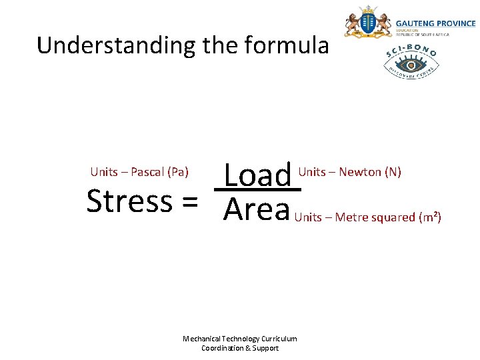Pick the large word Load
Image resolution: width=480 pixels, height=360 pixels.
tap(258, 175)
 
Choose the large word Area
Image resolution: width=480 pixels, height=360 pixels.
tap(257, 210)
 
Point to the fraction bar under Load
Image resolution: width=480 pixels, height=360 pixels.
tap(257, 190)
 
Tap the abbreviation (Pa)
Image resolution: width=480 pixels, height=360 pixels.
tap(178, 172)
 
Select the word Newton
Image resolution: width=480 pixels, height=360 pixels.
tap(360, 172)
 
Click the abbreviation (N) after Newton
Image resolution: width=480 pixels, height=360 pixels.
tap(392, 172)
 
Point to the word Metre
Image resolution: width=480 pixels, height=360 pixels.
tap(350, 217)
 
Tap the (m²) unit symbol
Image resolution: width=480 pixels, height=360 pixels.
tap(430, 217)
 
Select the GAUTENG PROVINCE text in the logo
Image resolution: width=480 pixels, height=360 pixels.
tap(435, 23)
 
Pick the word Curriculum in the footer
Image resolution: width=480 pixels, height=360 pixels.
tap(279, 339)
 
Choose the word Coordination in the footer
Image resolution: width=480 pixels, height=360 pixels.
tap(223, 348)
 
